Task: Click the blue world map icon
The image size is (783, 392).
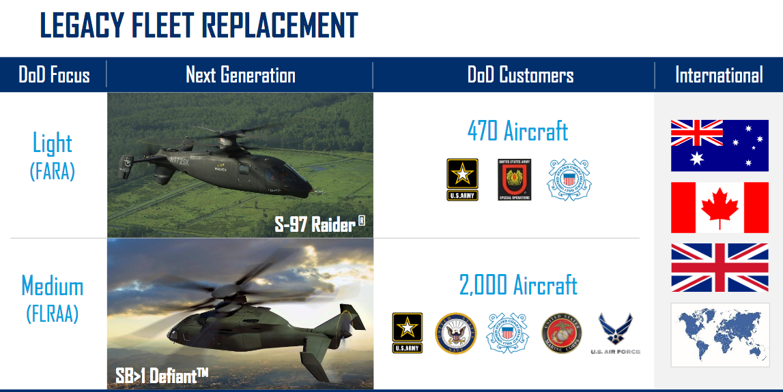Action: [x=720, y=335]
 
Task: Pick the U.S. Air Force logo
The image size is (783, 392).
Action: [x=615, y=333]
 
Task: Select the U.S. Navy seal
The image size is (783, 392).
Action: [x=455, y=333]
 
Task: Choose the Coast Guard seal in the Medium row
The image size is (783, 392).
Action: [x=507, y=333]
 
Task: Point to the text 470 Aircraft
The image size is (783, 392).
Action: [x=517, y=130]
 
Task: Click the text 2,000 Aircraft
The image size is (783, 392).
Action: [x=518, y=284]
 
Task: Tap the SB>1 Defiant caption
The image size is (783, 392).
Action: [x=161, y=375]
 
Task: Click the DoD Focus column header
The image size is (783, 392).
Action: [x=54, y=75]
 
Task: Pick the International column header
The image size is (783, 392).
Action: [x=719, y=75]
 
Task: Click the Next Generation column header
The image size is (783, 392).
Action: [x=240, y=75]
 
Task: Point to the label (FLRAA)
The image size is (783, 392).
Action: [x=53, y=314]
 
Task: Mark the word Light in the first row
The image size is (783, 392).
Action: [x=53, y=142]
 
